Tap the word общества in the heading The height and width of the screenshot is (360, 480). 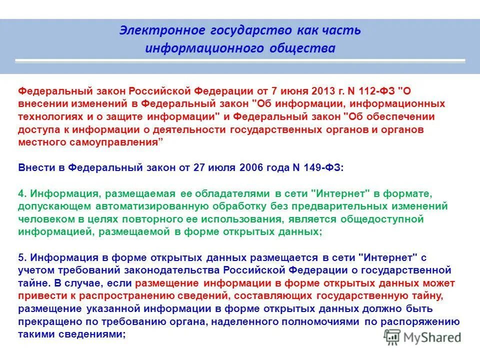[x=308, y=48]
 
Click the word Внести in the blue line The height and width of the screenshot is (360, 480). [x=34, y=168]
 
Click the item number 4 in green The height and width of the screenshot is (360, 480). [x=21, y=193]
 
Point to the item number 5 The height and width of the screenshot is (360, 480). [x=21, y=257]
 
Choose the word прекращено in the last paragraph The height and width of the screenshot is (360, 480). [x=45, y=321]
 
